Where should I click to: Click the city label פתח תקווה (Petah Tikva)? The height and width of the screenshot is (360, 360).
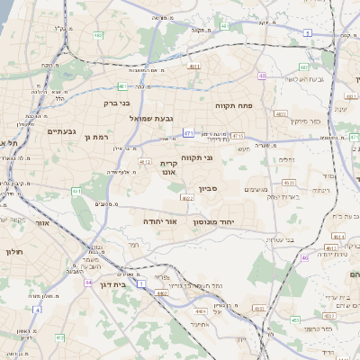(234, 106)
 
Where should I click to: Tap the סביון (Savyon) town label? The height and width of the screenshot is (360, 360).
(209, 190)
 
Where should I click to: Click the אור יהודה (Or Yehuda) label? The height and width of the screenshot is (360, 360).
(160, 220)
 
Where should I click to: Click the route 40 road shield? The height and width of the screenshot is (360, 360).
(261, 76)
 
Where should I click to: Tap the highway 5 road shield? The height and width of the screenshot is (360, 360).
(307, 32)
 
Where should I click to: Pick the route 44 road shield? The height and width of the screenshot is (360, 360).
(87, 283)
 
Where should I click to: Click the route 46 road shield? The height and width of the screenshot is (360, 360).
(305, 257)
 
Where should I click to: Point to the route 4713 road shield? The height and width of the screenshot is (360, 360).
(238, 136)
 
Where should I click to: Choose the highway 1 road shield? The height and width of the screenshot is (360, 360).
(38, 309)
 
